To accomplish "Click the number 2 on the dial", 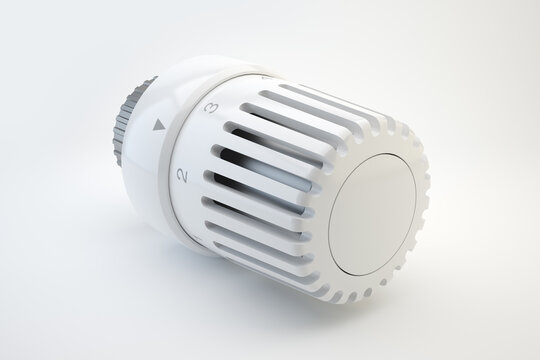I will [x=182, y=175].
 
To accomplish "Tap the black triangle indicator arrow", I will [x=157, y=127].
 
